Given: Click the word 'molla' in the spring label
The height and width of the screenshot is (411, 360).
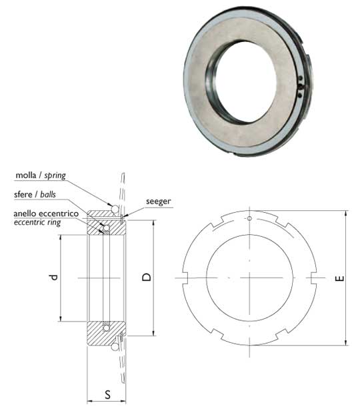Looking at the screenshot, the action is coord(25,175).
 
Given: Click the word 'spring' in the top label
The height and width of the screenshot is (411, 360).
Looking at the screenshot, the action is coord(55,175).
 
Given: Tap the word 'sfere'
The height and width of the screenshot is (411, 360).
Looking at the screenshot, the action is coord(23,195).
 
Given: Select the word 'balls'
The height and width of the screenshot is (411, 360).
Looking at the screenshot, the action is coord(48,195).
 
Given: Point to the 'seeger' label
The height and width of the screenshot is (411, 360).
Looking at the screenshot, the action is coord(159,201).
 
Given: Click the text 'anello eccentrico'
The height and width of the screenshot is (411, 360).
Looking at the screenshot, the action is coord(46,214).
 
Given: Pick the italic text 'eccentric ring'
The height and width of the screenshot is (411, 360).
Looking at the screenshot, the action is coord(37,223).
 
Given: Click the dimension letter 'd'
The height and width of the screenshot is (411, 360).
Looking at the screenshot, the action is coord(53,278).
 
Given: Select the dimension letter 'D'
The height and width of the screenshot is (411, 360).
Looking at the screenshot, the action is coord(147,277).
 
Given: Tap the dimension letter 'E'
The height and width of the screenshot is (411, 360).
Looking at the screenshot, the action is coord(339,278).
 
